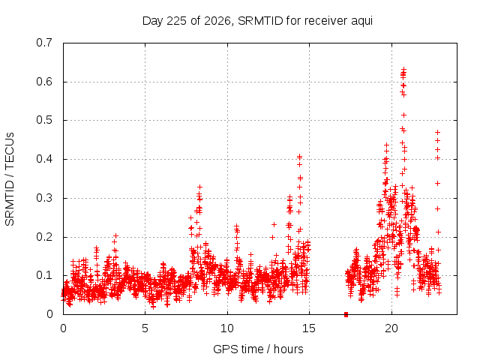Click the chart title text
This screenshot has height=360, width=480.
coord(257,21)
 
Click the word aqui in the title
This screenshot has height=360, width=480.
coord(361,22)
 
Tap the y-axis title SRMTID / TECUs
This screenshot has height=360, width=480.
coord(10,179)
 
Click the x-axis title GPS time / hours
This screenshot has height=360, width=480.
coord(258,349)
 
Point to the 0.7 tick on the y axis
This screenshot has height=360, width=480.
coord(44,43)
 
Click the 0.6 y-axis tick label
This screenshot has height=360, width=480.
coord(44,82)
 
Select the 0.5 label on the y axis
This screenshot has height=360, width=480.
coord(44,120)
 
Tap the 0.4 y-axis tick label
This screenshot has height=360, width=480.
coord(44,159)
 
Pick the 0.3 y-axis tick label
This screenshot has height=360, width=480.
coord(44,198)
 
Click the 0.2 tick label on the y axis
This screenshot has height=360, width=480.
coord(44,237)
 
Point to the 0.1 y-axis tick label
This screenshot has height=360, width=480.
coord(44,275)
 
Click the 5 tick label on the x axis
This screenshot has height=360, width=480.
coord(145,328)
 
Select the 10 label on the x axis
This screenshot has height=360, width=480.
coord(227,328)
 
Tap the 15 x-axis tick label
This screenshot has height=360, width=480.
coord(309,328)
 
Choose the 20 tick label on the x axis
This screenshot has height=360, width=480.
coord(391,328)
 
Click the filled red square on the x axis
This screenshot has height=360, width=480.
coord(346,314)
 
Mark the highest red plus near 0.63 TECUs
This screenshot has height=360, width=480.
coord(403,69)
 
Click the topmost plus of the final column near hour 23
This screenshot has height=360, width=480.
coord(438,132)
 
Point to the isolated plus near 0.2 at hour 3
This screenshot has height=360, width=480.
coord(115,235)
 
